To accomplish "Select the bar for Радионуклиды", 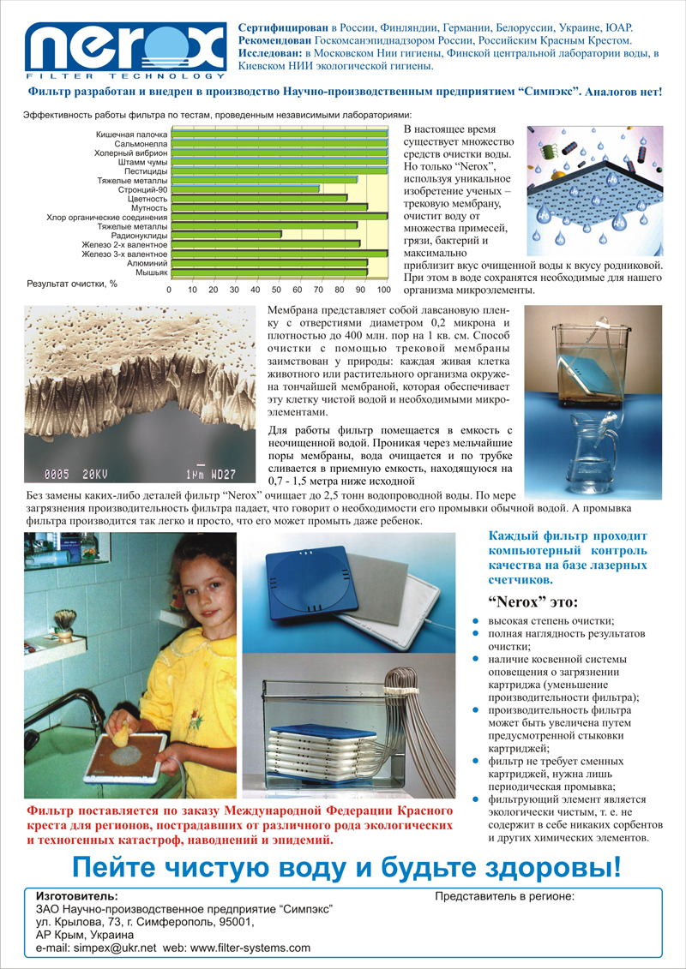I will point(227,234).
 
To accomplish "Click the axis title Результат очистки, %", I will point(72,284).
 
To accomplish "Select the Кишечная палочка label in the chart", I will point(131,134).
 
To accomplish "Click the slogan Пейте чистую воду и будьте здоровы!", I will point(345,867).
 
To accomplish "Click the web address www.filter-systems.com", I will point(249,948).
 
